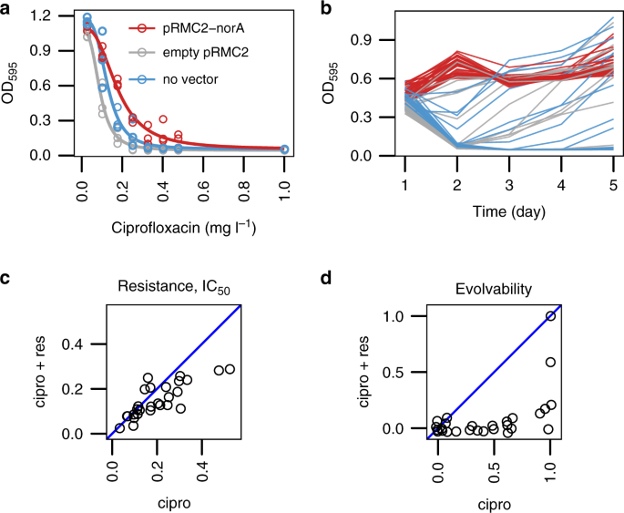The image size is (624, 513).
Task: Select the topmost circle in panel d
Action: pos(550,316)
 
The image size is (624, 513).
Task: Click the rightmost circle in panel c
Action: pos(230,369)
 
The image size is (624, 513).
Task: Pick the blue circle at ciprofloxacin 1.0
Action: pos(284,149)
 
